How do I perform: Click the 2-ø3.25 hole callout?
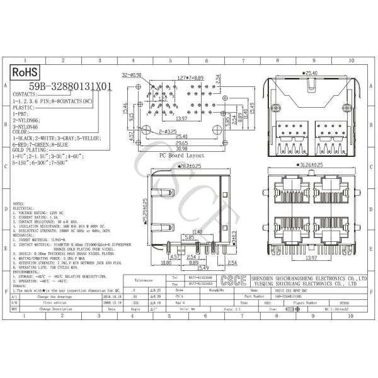tap(168, 131)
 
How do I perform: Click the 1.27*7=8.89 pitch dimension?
tap(190, 78)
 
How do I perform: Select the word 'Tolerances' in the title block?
tap(144, 280)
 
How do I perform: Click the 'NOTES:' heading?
tap(19, 204)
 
